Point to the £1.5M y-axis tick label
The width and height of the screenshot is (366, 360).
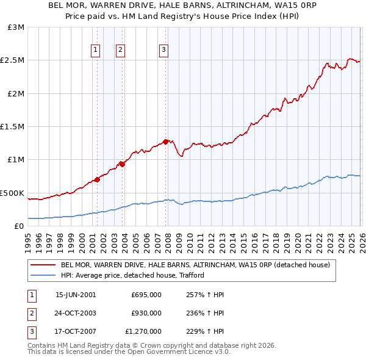tap(14, 127)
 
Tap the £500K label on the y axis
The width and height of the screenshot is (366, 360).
tap(13, 193)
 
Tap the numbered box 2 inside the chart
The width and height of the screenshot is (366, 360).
tap(121, 50)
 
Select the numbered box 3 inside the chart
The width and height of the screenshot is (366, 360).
tap(164, 50)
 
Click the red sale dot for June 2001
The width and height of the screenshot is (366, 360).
tap(97, 179)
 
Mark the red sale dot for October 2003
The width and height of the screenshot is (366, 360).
tap(122, 164)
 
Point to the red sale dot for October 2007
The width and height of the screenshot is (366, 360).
tap(165, 142)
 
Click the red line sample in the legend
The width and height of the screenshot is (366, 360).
tap(43, 265)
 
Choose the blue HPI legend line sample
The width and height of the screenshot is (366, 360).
tap(43, 275)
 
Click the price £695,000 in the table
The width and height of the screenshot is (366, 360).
tap(146, 294)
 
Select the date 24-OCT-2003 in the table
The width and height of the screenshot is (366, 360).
tap(76, 313)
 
